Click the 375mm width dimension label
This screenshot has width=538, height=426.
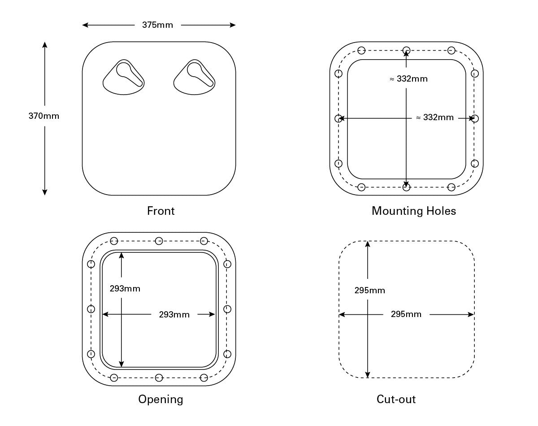pyautogui.click(x=157, y=25)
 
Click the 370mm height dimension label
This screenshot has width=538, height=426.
pyautogui.click(x=44, y=116)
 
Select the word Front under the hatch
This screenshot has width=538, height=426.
pyautogui.click(x=161, y=211)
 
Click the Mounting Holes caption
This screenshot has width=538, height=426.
pyautogui.click(x=413, y=211)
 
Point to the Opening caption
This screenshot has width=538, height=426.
pyautogui.click(x=161, y=399)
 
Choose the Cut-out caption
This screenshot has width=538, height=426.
pyautogui.click(x=396, y=399)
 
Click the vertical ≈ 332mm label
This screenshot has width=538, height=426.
pyautogui.click(x=408, y=79)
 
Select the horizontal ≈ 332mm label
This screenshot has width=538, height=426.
pyautogui.click(x=434, y=117)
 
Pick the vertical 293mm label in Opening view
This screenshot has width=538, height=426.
pyautogui.click(x=125, y=288)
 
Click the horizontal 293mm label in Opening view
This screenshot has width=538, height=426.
pyautogui.click(x=174, y=315)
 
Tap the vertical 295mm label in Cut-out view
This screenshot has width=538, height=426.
pyautogui.click(x=369, y=291)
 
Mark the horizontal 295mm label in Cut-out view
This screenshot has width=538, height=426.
pyautogui.click(x=406, y=314)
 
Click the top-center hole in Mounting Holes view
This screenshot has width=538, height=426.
pyautogui.click(x=406, y=50)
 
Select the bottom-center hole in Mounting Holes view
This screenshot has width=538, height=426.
pyautogui.click(x=406, y=187)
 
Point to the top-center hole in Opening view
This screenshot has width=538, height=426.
pyautogui.click(x=159, y=241)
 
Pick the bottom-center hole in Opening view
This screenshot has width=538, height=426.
pyautogui.click(x=159, y=378)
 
